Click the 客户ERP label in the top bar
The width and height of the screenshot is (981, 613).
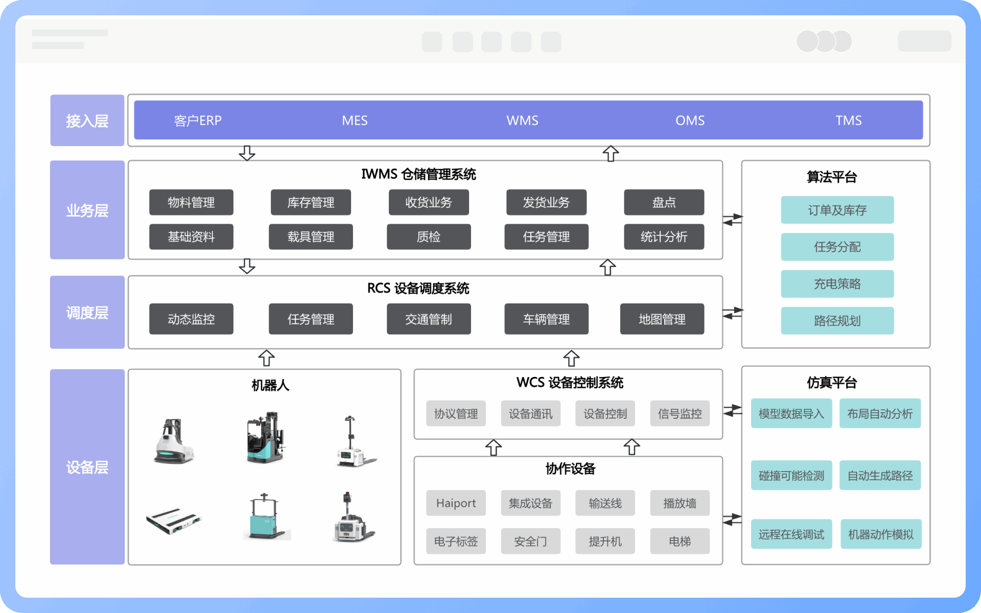click(x=198, y=121)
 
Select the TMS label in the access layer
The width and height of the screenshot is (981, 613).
click(x=848, y=121)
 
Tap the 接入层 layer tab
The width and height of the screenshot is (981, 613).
click(x=87, y=121)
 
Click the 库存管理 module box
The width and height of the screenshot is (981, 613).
click(x=311, y=202)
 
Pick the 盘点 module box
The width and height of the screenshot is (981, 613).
click(x=664, y=202)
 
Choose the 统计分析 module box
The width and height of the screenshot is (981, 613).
click(x=664, y=237)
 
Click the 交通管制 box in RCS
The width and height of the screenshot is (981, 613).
click(x=429, y=319)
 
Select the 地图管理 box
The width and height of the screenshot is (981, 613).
click(x=662, y=319)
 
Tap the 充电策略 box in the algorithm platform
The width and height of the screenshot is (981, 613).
click(x=837, y=284)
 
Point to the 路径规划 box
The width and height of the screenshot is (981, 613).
click(x=837, y=321)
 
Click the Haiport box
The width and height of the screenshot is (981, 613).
click(x=456, y=503)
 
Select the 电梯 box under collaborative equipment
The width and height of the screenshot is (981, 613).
click(x=680, y=541)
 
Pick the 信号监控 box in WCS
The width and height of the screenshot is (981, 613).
click(x=680, y=413)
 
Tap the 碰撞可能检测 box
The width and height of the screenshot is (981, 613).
click(x=791, y=476)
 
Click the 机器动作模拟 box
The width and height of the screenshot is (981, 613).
click(x=880, y=534)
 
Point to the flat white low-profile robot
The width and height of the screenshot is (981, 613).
click(x=174, y=521)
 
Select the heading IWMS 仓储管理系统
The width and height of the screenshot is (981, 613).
click(x=418, y=174)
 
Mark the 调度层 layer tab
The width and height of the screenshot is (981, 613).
click(x=87, y=312)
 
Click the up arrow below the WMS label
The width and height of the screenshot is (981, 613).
click(x=611, y=153)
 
